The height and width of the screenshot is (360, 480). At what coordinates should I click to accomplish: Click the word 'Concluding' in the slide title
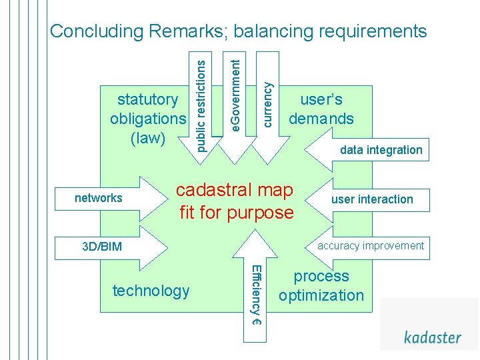click(97, 31)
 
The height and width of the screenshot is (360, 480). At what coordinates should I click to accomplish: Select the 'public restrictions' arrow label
click(200, 101)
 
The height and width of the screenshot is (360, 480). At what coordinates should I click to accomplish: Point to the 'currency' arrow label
click(267, 104)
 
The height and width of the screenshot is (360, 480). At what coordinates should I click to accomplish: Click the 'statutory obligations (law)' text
click(147, 119)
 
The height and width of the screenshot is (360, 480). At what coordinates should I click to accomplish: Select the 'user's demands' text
click(321, 109)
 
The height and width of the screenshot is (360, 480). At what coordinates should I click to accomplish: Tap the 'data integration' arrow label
click(381, 150)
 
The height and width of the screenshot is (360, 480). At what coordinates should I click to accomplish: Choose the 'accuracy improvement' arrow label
click(370, 245)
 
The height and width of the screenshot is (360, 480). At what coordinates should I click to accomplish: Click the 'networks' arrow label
click(99, 197)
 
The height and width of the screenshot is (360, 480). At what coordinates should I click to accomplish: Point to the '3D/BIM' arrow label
click(102, 247)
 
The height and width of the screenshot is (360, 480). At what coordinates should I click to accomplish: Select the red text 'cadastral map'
click(235, 191)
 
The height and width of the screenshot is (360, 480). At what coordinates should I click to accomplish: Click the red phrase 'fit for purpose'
click(236, 213)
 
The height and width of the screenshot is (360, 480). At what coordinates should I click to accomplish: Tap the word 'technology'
click(151, 291)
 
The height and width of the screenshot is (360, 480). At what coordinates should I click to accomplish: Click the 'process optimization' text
click(321, 285)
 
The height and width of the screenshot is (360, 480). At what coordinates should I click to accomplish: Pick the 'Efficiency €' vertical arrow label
click(255, 294)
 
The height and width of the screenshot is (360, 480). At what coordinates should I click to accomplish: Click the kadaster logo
click(432, 337)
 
